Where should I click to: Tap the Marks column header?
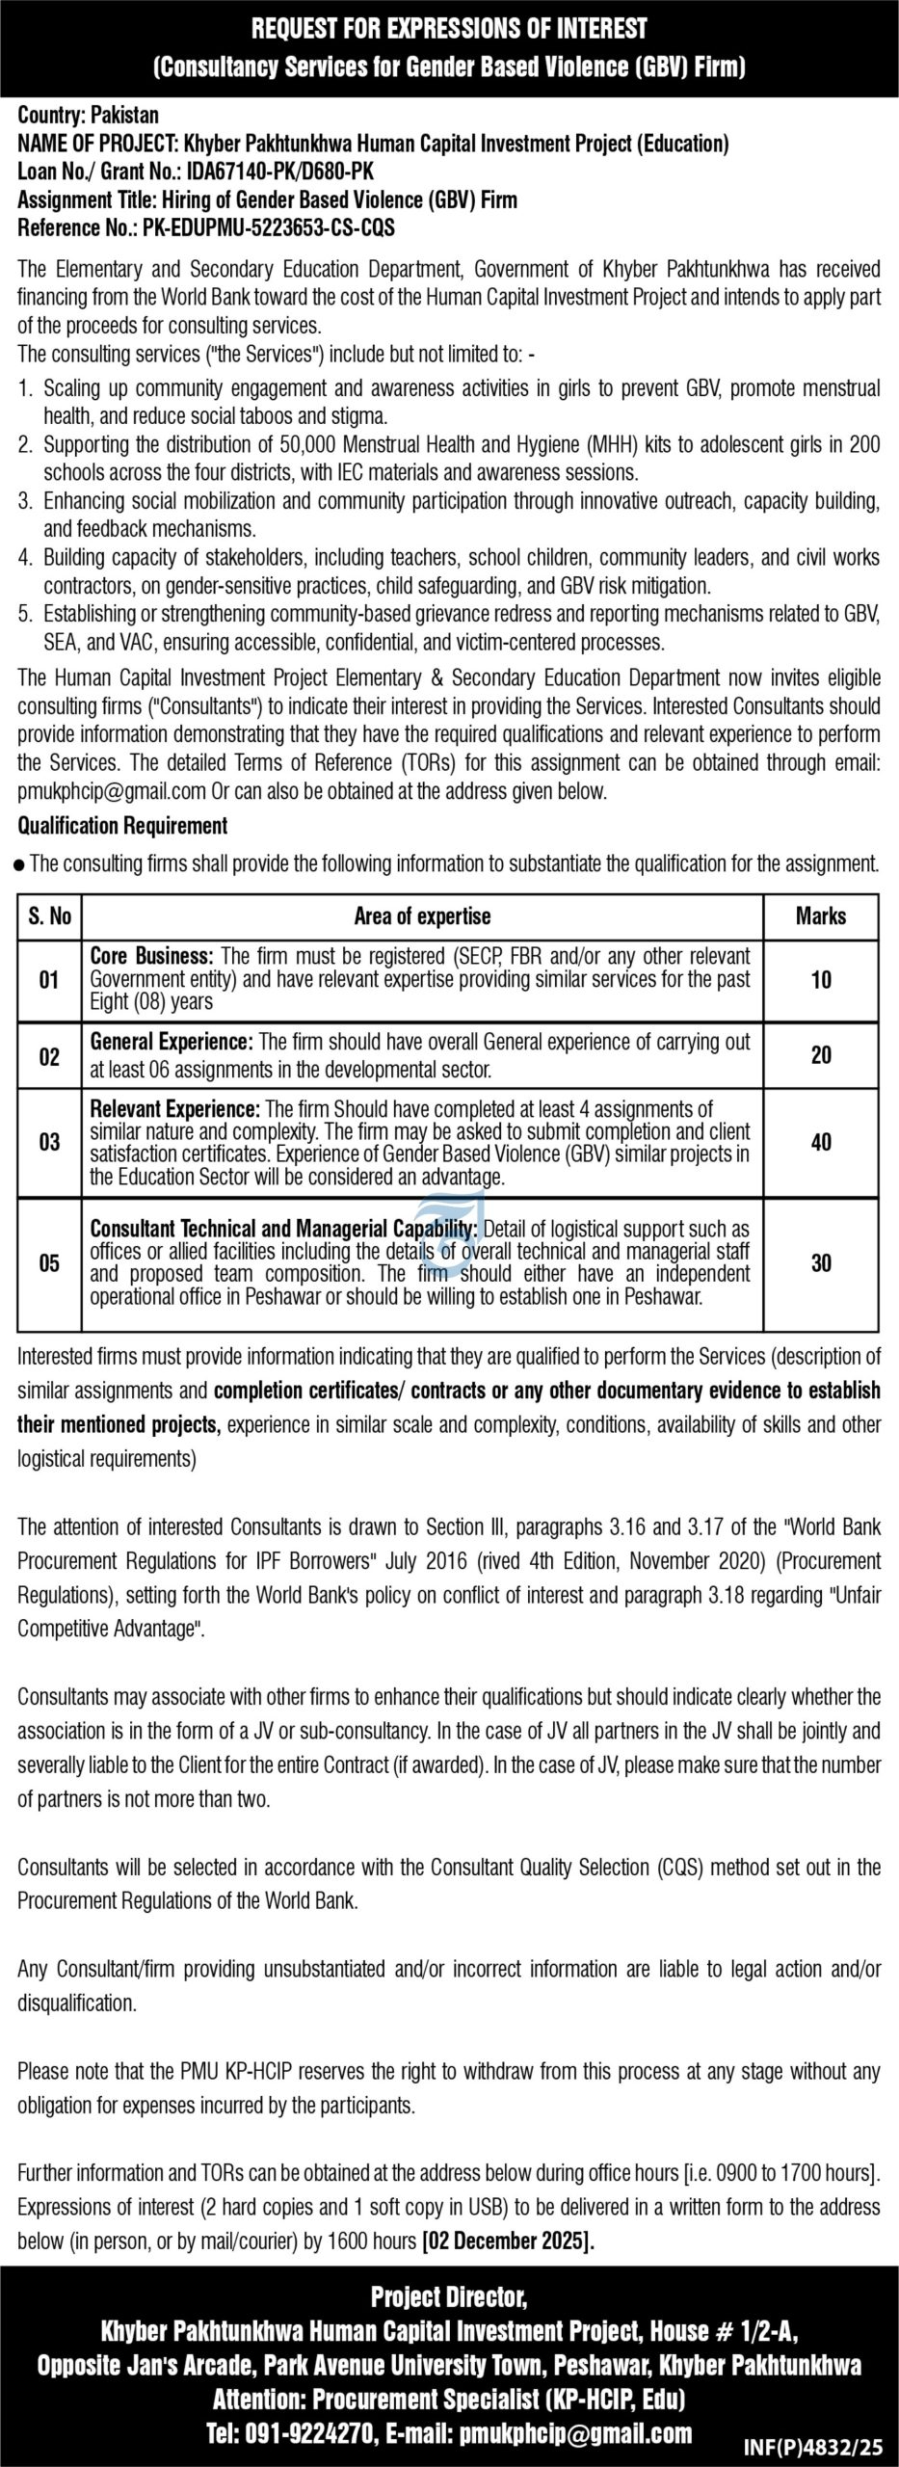point(820,915)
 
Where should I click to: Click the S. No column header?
point(49,915)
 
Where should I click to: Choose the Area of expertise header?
point(422,915)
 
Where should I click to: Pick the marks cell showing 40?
point(820,1142)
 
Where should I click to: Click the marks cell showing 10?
point(820,980)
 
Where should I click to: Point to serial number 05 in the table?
point(49,1262)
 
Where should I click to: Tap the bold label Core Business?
point(151,957)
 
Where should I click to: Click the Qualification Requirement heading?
point(122,825)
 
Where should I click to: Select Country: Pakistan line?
point(89,117)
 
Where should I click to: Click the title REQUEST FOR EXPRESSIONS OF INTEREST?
point(449,30)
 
